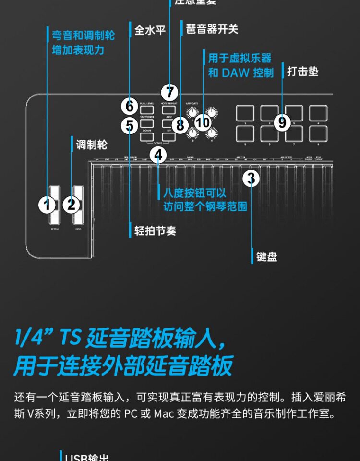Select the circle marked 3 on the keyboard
click(x=251, y=179)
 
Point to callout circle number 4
click(x=158, y=155)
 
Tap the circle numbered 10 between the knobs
click(x=203, y=122)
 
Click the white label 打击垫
click(x=302, y=72)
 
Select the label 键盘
click(x=267, y=256)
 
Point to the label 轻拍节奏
click(x=155, y=231)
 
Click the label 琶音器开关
click(x=212, y=29)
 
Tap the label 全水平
click(x=150, y=30)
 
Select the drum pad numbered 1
click(x=245, y=113)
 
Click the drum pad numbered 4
click(x=318, y=113)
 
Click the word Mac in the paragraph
click(x=164, y=413)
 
